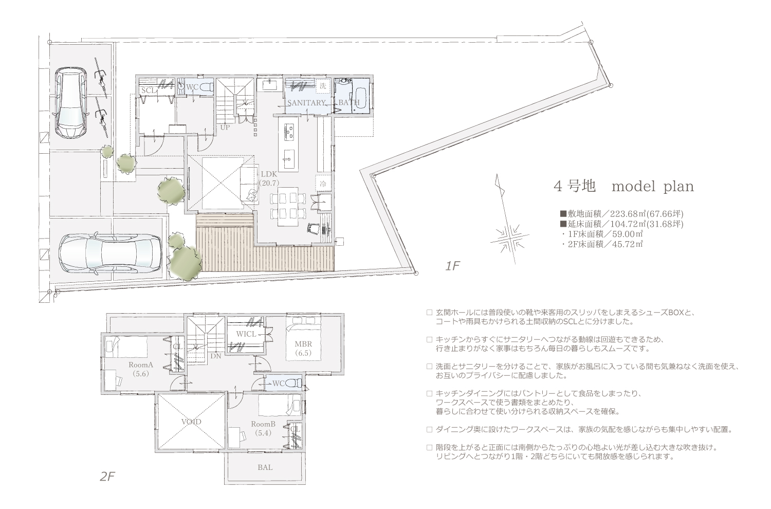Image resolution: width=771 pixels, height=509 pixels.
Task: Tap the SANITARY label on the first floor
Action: (x=306, y=102)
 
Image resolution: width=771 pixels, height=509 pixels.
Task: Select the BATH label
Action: (x=349, y=102)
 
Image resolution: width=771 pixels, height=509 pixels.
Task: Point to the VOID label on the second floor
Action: (x=191, y=422)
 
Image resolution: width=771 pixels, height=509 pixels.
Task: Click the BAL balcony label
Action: (x=265, y=467)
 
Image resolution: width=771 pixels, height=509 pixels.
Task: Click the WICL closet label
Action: (x=246, y=334)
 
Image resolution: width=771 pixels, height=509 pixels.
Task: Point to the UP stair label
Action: (x=225, y=127)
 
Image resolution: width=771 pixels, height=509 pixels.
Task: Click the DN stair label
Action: (x=216, y=356)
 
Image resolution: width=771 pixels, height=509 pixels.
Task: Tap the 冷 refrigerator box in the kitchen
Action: (x=323, y=184)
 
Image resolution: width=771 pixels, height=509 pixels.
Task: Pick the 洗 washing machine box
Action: (x=323, y=86)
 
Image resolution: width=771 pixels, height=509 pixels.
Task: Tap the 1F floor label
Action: (x=453, y=266)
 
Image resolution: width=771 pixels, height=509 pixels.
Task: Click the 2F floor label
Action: (x=107, y=477)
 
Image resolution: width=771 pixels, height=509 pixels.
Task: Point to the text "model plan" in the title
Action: (x=653, y=186)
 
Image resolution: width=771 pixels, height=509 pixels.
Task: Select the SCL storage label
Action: (x=149, y=90)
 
